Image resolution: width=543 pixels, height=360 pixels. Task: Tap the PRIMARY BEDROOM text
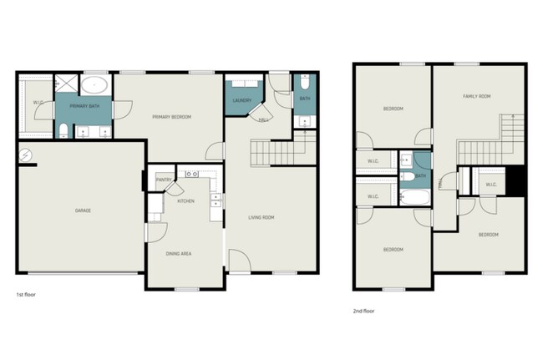(x=171, y=117)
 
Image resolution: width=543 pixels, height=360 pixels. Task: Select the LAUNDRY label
(x=242, y=101)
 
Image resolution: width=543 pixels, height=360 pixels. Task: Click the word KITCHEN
(x=186, y=201)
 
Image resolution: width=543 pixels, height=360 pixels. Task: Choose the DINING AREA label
(x=180, y=253)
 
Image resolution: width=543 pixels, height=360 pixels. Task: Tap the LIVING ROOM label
(x=261, y=218)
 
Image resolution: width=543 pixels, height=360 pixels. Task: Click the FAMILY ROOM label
(x=476, y=97)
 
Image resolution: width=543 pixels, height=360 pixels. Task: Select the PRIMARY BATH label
(x=84, y=107)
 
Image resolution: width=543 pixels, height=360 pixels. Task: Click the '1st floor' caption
(x=26, y=295)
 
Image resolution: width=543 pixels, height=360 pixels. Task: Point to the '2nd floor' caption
(x=364, y=310)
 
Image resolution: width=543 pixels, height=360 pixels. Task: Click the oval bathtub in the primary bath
(x=95, y=84)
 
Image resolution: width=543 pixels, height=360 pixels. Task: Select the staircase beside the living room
(x=274, y=154)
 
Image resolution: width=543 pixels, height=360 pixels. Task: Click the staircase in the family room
(x=489, y=142)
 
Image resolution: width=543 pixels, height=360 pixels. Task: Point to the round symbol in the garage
(x=26, y=155)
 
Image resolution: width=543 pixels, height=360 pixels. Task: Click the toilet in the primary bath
(x=63, y=130)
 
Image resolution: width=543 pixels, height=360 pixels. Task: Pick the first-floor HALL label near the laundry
(x=262, y=120)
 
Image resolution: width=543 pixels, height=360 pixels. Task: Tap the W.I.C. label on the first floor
(x=38, y=104)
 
